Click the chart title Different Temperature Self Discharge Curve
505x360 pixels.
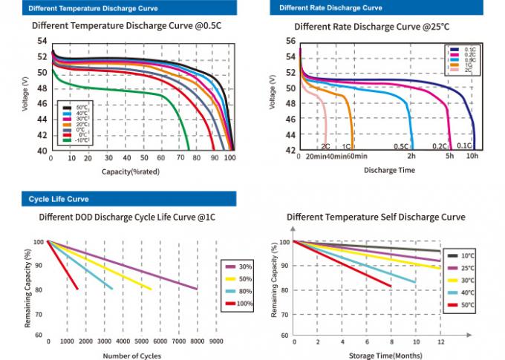click(x=376, y=217)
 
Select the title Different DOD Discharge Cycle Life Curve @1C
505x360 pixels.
click(x=128, y=217)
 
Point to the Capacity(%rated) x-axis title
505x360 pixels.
click(x=131, y=171)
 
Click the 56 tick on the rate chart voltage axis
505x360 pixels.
click(x=291, y=42)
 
